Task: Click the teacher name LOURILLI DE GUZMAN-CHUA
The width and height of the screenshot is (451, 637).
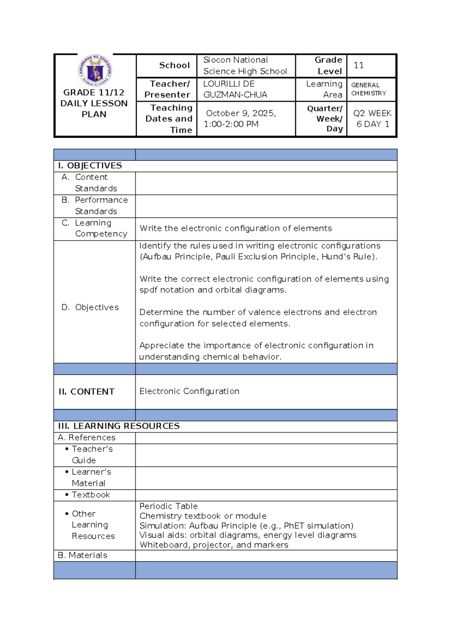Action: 235,89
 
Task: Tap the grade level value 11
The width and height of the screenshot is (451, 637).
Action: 359,66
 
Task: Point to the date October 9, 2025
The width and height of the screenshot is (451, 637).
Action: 241,113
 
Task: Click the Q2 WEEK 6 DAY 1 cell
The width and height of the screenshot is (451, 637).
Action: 372,119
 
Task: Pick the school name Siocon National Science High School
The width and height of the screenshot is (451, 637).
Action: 245,66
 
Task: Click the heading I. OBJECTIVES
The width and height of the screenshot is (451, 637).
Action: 90,166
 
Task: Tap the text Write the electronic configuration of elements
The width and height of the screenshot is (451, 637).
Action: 236,228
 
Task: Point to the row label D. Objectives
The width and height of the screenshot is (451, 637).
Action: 90,307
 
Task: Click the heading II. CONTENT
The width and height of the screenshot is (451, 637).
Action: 86,392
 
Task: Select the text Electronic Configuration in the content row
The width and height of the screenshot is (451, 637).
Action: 189,391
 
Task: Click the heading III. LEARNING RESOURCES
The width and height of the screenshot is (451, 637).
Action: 119,426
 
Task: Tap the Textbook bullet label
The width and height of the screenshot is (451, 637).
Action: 91,495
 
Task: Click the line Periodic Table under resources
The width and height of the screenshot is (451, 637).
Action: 168,506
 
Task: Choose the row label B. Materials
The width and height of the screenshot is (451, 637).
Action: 83,555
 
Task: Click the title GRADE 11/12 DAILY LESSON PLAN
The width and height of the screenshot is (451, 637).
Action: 94,103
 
